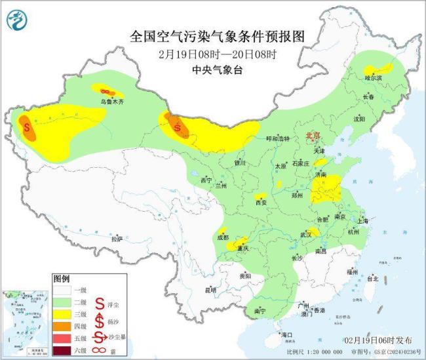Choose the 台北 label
(373, 278)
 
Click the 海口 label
(286, 334)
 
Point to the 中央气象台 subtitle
(214, 69)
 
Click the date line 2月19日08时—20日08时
(214, 53)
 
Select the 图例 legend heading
(62, 278)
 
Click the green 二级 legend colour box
(64, 302)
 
